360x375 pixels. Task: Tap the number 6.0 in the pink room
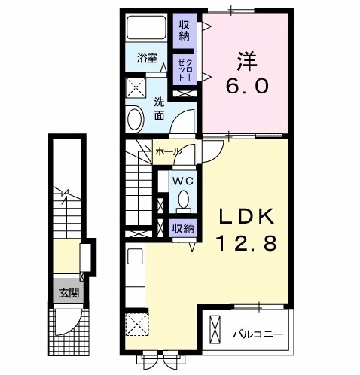click(243, 85)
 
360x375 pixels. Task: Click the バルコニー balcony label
click(258, 333)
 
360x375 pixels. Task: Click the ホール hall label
click(166, 151)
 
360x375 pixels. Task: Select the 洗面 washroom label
click(160, 109)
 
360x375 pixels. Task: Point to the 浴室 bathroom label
click(146, 56)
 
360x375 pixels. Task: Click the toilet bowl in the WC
click(183, 201)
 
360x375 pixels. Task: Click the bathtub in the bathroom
click(146, 29)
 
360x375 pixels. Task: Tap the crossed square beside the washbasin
click(136, 87)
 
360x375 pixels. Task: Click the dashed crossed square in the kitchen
click(138, 325)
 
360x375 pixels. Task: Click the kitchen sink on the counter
click(135, 256)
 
